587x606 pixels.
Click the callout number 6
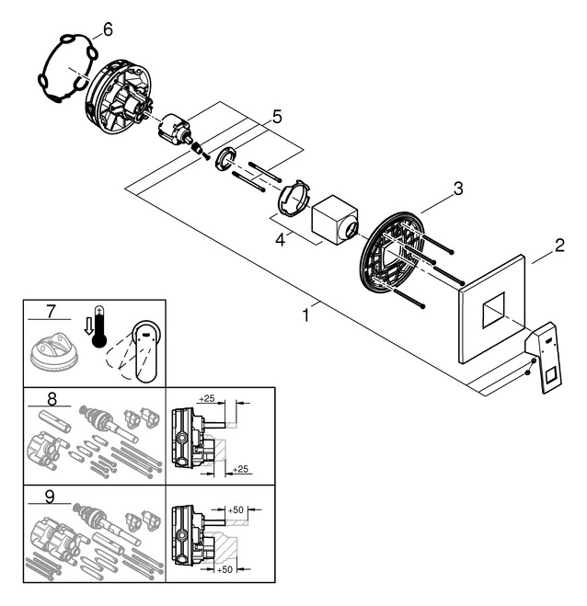[x=108, y=29]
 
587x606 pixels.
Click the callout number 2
[x=558, y=246]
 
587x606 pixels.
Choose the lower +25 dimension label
[x=242, y=470]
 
